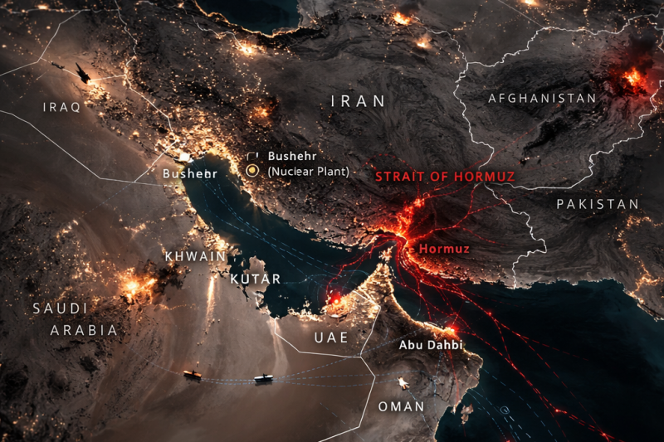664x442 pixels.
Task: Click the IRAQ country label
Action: pyautogui.click(x=61, y=108)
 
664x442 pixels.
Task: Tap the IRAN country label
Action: pyautogui.click(x=359, y=101)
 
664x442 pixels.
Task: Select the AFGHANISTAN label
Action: pyautogui.click(x=542, y=98)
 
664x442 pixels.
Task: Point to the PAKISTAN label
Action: pyautogui.click(x=598, y=204)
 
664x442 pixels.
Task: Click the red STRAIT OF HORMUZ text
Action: pyautogui.click(x=445, y=177)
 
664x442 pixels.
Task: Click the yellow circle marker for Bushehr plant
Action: pyautogui.click(x=253, y=171)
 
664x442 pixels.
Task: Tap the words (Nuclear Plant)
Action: pyautogui.click(x=308, y=171)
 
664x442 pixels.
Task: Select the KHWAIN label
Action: pyautogui.click(x=195, y=256)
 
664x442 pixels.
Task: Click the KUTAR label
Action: pyautogui.click(x=255, y=279)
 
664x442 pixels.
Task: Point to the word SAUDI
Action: pyautogui.click(x=60, y=308)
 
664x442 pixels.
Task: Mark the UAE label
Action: pyautogui.click(x=331, y=338)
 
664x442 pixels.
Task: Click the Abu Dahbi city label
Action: pyautogui.click(x=431, y=344)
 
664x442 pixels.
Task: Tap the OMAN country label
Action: pyautogui.click(x=401, y=406)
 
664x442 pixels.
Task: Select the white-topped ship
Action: pyautogui.click(x=263, y=378)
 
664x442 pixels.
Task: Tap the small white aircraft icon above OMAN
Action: pyautogui.click(x=403, y=382)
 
